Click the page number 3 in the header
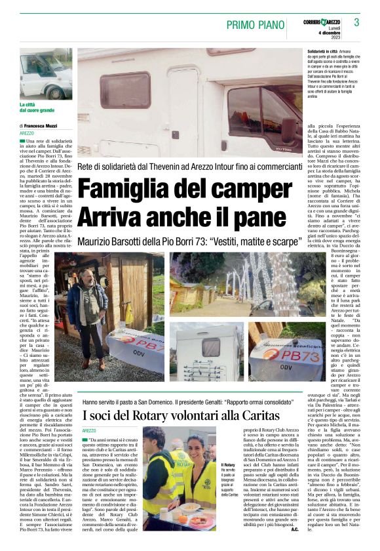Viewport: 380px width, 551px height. click(x=356, y=22)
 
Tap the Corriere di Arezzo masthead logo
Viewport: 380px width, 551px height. click(x=323, y=22)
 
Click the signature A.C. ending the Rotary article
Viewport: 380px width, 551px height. click(x=294, y=529)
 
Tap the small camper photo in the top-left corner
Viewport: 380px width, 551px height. click(x=45, y=73)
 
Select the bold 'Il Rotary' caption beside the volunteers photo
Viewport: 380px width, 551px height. click(x=228, y=464)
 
